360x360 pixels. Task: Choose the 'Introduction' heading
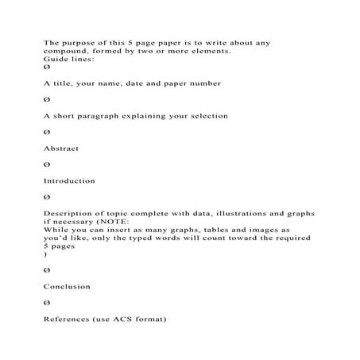[69, 181]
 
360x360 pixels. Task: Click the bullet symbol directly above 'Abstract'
[46, 131]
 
